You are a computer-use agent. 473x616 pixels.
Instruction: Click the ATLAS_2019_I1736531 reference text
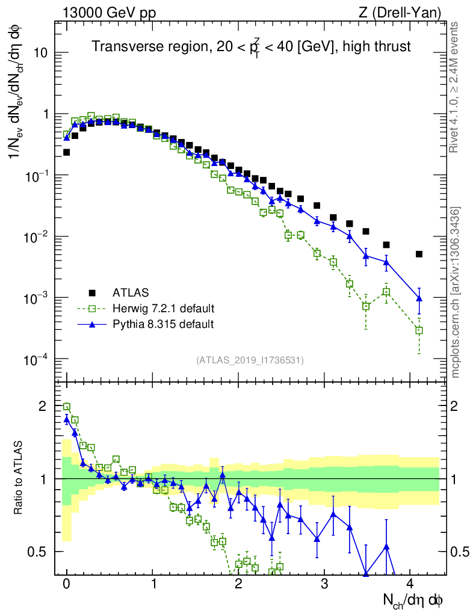(x=250, y=360)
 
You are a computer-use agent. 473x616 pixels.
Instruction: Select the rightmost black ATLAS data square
(x=419, y=254)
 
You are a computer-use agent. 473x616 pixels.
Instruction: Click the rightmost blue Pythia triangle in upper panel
(x=419, y=298)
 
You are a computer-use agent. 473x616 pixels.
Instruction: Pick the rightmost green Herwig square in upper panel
(x=419, y=330)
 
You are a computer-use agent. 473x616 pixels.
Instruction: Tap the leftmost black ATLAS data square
(x=67, y=152)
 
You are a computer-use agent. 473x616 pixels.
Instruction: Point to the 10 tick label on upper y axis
(x=40, y=53)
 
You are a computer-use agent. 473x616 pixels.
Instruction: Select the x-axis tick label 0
(x=67, y=584)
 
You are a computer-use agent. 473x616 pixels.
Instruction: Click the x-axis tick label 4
(x=410, y=584)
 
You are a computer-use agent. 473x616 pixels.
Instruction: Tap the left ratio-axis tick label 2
(x=42, y=406)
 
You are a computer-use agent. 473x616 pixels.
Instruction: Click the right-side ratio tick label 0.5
(x=460, y=551)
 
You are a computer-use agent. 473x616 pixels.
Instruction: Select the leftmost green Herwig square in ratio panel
(x=67, y=407)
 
